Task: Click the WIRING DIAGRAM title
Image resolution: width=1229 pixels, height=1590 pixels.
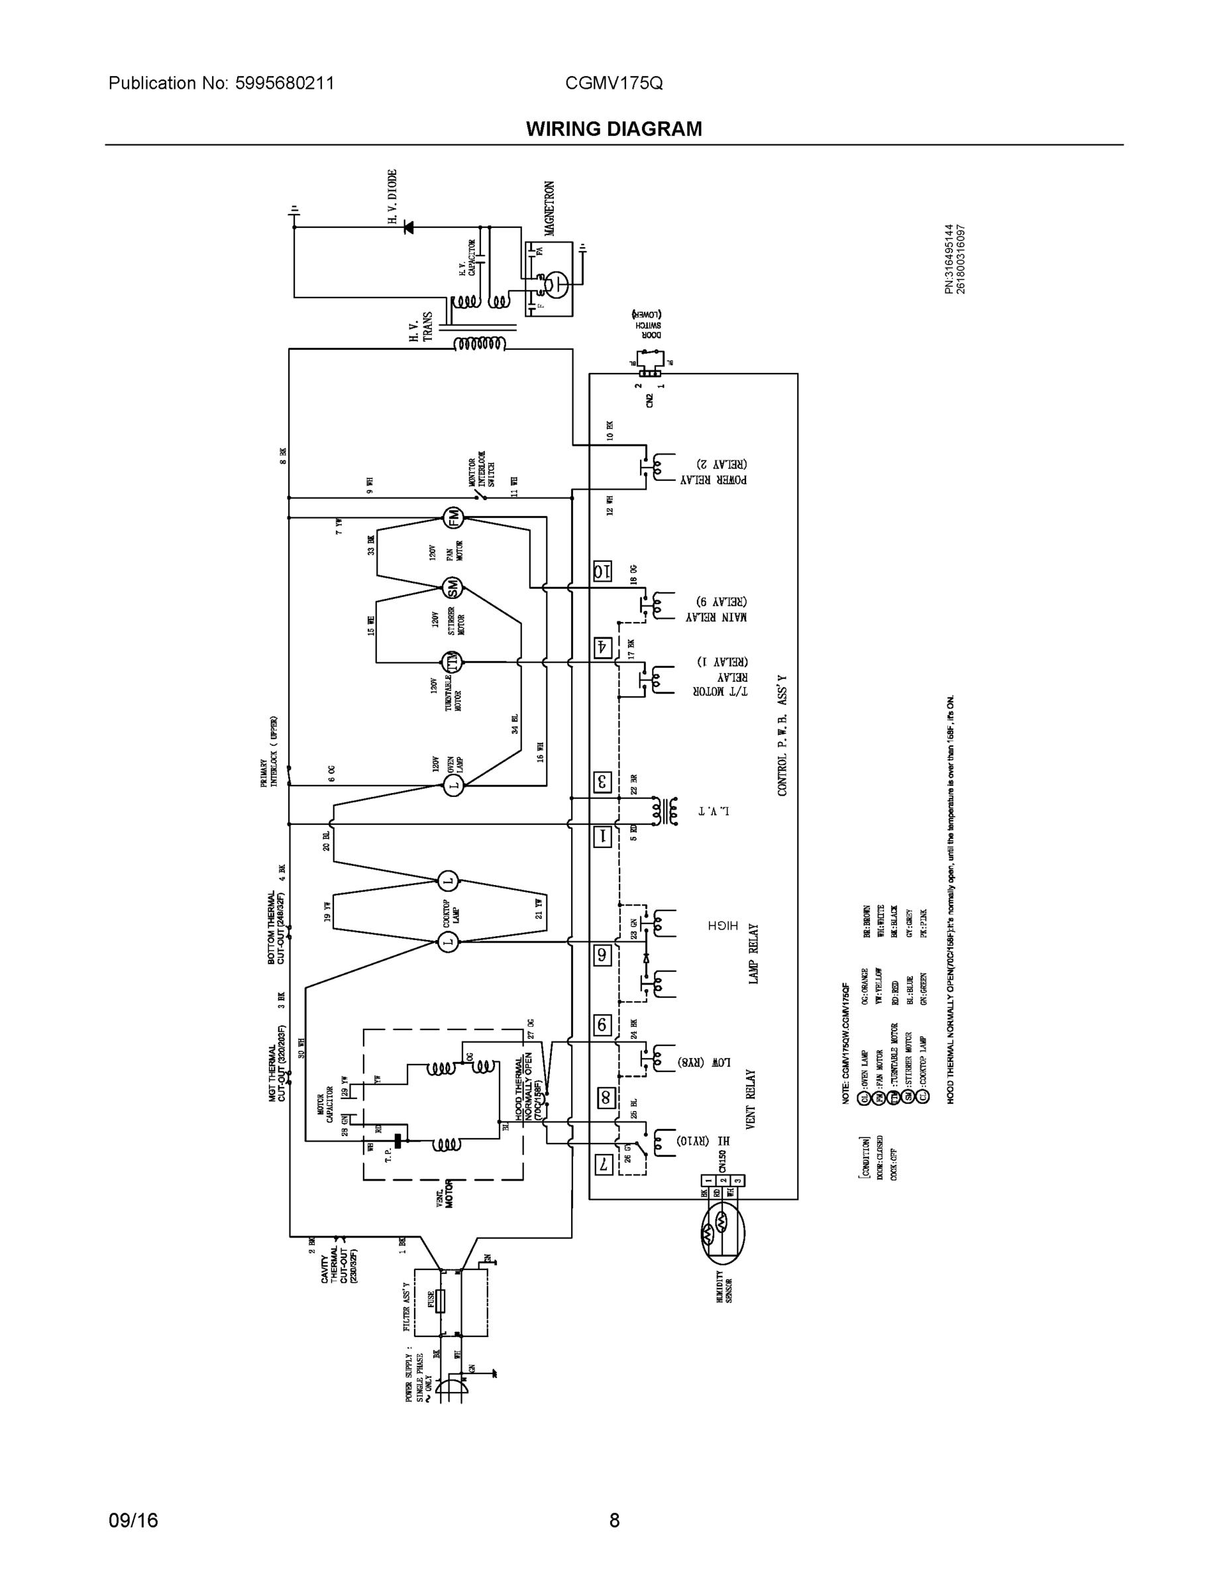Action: click(x=614, y=129)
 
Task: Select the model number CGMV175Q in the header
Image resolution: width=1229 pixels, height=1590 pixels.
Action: click(x=614, y=83)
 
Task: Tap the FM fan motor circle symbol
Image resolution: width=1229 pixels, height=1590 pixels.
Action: click(x=454, y=517)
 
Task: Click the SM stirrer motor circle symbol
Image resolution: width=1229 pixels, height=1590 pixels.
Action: click(x=452, y=588)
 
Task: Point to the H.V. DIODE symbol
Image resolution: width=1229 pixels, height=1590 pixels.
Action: click(x=409, y=227)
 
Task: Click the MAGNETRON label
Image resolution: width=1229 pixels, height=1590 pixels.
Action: click(x=550, y=208)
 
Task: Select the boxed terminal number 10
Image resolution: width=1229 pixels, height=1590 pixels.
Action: click(x=602, y=572)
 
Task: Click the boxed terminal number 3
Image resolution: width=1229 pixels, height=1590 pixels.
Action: click(x=602, y=782)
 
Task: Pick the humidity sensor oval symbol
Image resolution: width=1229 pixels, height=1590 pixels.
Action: click(x=723, y=1232)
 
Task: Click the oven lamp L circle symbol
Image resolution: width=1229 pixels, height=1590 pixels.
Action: click(x=454, y=786)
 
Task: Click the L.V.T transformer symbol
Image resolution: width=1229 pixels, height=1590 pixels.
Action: click(x=665, y=811)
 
